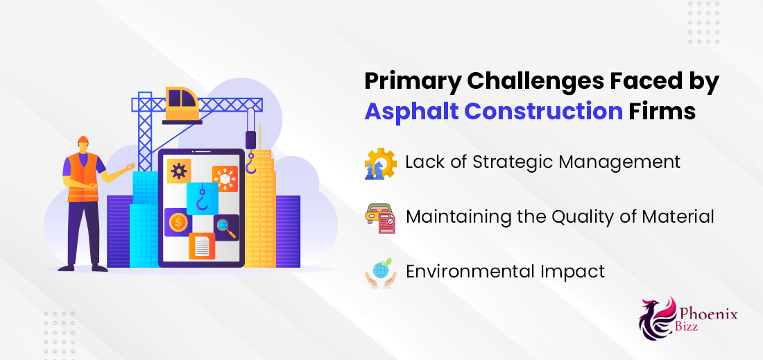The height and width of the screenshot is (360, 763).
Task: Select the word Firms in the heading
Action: [662, 111]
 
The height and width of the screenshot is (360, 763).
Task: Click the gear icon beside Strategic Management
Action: [380, 164]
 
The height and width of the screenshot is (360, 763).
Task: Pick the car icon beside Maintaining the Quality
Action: [380, 218]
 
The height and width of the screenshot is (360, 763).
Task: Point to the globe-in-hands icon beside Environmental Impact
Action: [380, 273]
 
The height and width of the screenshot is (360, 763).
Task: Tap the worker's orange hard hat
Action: [83, 140]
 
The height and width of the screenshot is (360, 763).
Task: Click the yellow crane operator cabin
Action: [182, 103]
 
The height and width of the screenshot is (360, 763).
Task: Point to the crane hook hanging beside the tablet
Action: [250, 163]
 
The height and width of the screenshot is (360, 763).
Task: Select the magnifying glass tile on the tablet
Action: [226, 228]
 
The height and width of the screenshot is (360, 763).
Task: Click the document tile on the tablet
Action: [201, 246]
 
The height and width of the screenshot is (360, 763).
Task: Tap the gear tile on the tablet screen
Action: [178, 171]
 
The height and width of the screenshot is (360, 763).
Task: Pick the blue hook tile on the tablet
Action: [202, 198]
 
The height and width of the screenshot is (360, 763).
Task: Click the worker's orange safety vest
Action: [83, 177]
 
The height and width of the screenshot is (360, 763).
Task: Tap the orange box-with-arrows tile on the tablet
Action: [225, 178]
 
